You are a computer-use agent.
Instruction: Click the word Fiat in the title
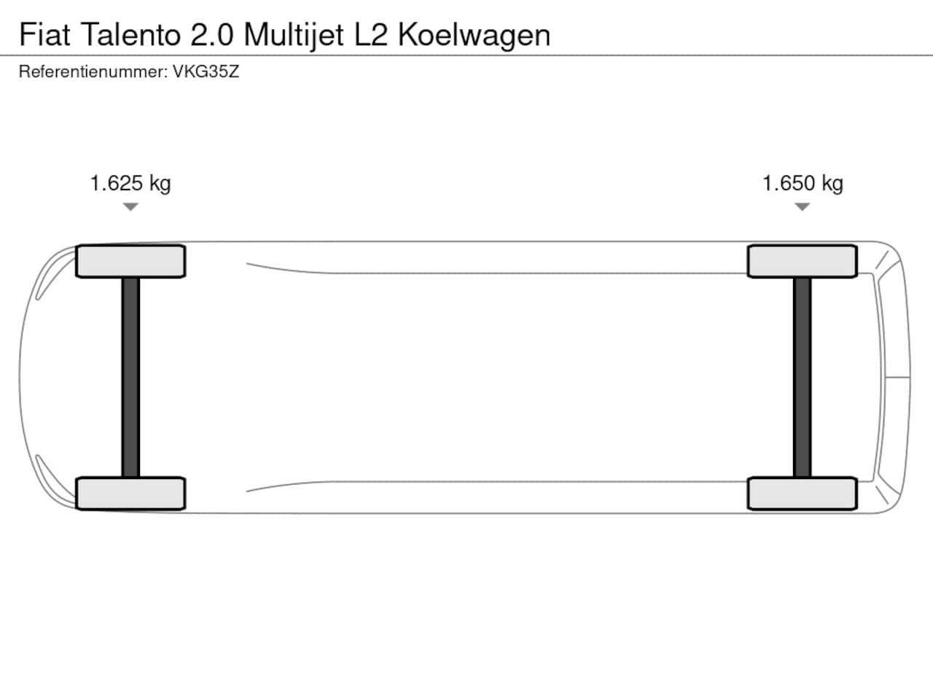[44, 34]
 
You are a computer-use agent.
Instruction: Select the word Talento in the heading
[130, 34]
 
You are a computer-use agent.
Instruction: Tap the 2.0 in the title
[211, 34]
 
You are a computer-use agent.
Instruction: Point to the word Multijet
[293, 36]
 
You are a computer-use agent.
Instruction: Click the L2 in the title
[371, 34]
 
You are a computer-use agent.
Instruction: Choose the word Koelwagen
[474, 36]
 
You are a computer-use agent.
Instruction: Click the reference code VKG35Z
[206, 72]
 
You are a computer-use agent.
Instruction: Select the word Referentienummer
[93, 72]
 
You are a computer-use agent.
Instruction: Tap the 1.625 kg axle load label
[130, 184]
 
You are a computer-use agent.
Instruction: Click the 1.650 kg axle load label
[803, 184]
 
